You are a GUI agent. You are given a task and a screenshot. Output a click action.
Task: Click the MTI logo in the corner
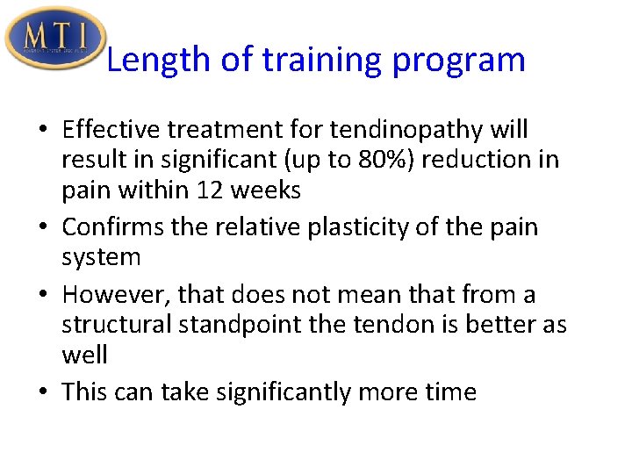point(54,38)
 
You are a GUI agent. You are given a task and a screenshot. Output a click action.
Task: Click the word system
point(101,257)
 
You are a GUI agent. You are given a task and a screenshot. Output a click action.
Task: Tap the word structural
point(117,325)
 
